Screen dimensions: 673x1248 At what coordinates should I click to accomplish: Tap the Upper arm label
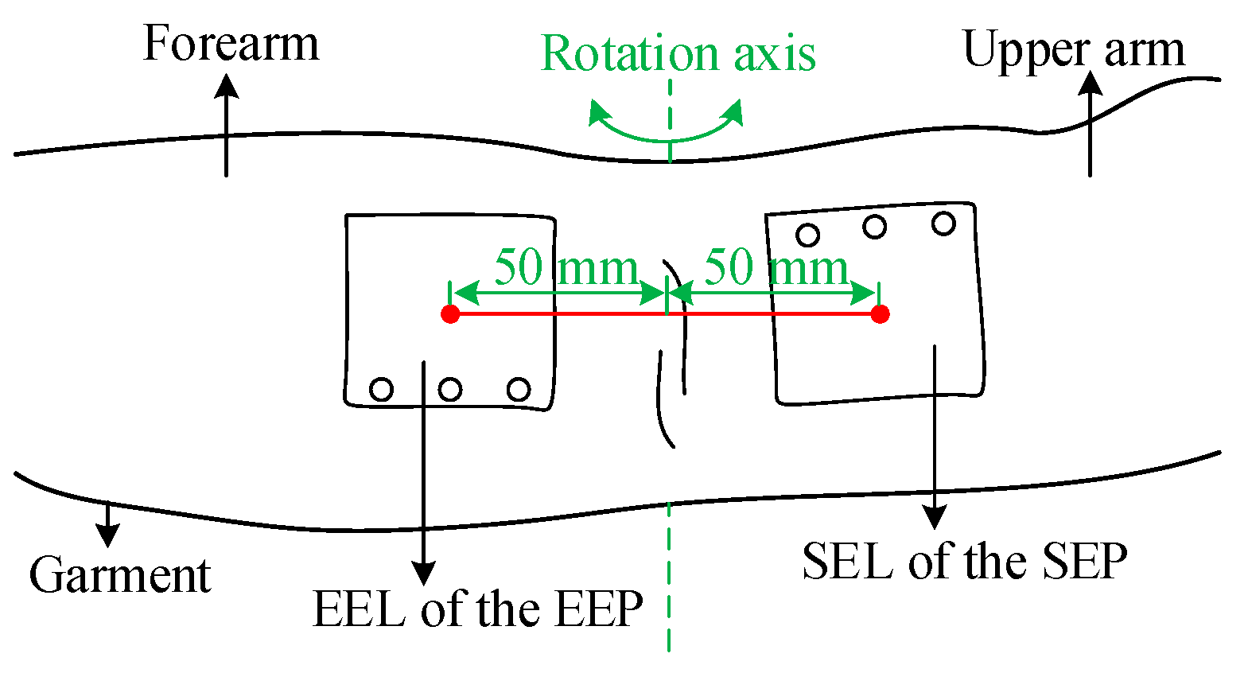1073,49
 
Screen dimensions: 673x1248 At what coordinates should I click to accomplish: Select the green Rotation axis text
678,54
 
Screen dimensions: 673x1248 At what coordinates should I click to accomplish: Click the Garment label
119,575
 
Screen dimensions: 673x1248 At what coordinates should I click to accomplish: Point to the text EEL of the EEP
477,609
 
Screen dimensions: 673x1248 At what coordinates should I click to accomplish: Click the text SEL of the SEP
964,562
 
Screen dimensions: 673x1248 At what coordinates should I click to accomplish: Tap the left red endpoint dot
450,314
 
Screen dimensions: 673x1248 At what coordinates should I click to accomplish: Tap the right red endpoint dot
880,314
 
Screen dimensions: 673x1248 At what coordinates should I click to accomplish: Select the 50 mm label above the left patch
566,267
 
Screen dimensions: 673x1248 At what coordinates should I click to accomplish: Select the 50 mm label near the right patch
776,267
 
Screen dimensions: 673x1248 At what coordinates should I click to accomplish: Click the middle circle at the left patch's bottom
450,390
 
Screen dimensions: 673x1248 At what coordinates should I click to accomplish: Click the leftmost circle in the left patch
382,390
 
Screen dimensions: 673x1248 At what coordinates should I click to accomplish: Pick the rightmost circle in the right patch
943,224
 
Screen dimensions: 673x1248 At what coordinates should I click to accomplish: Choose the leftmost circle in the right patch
808,235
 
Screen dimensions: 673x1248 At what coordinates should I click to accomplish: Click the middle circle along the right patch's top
875,228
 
